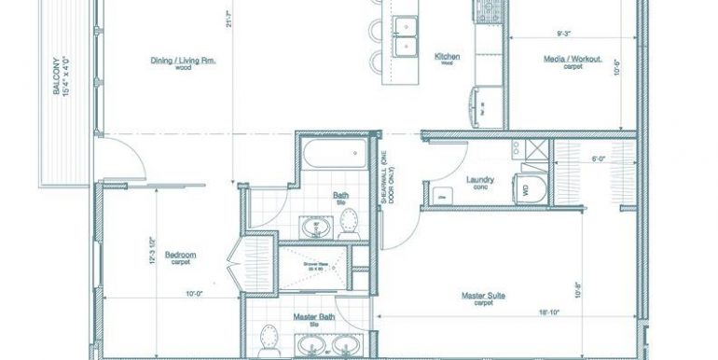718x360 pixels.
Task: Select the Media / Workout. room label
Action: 573,60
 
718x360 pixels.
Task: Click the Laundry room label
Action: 479,180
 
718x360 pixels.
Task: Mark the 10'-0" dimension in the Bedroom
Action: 194,295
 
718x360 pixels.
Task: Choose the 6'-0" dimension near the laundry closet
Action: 599,159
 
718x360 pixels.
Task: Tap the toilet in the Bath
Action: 350,221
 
